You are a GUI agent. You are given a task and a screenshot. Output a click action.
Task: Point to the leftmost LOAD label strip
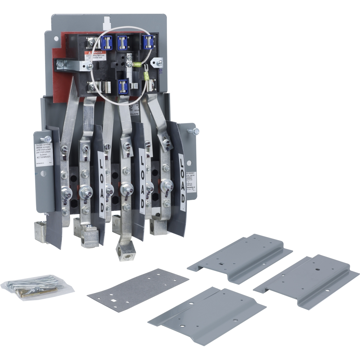(101, 184)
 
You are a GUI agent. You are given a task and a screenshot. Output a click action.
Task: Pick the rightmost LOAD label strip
(182, 182)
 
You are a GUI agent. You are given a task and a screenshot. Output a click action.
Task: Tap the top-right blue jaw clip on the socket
(148, 42)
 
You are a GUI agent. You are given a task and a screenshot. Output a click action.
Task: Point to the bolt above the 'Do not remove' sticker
(46, 139)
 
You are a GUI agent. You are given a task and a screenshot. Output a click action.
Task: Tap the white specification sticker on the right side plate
(191, 181)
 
